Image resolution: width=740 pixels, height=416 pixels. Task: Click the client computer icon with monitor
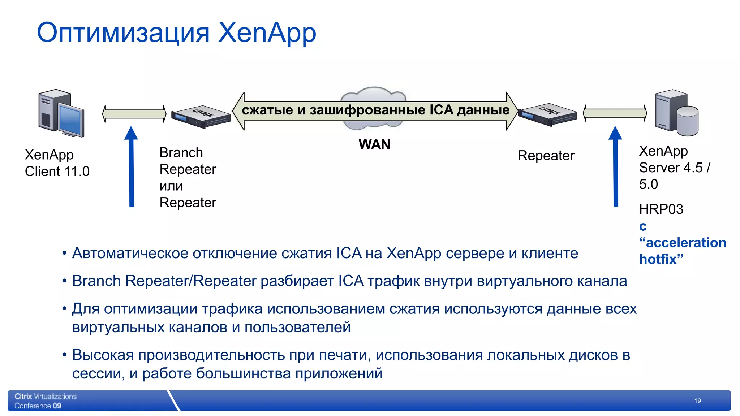61,113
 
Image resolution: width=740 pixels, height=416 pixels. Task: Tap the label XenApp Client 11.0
57,163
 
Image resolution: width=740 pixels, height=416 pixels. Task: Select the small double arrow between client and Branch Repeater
134,114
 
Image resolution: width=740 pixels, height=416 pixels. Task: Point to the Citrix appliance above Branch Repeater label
201,116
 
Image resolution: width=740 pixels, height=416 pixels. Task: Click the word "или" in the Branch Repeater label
171,186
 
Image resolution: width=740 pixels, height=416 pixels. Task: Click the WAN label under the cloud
374,144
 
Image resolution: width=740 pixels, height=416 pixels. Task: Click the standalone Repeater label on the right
546,156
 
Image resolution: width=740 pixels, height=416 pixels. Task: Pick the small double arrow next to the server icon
615,113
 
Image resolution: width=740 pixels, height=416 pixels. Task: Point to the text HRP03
661,209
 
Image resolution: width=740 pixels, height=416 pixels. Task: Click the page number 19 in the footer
697,401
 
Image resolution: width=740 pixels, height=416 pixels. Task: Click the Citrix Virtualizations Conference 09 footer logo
45,401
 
